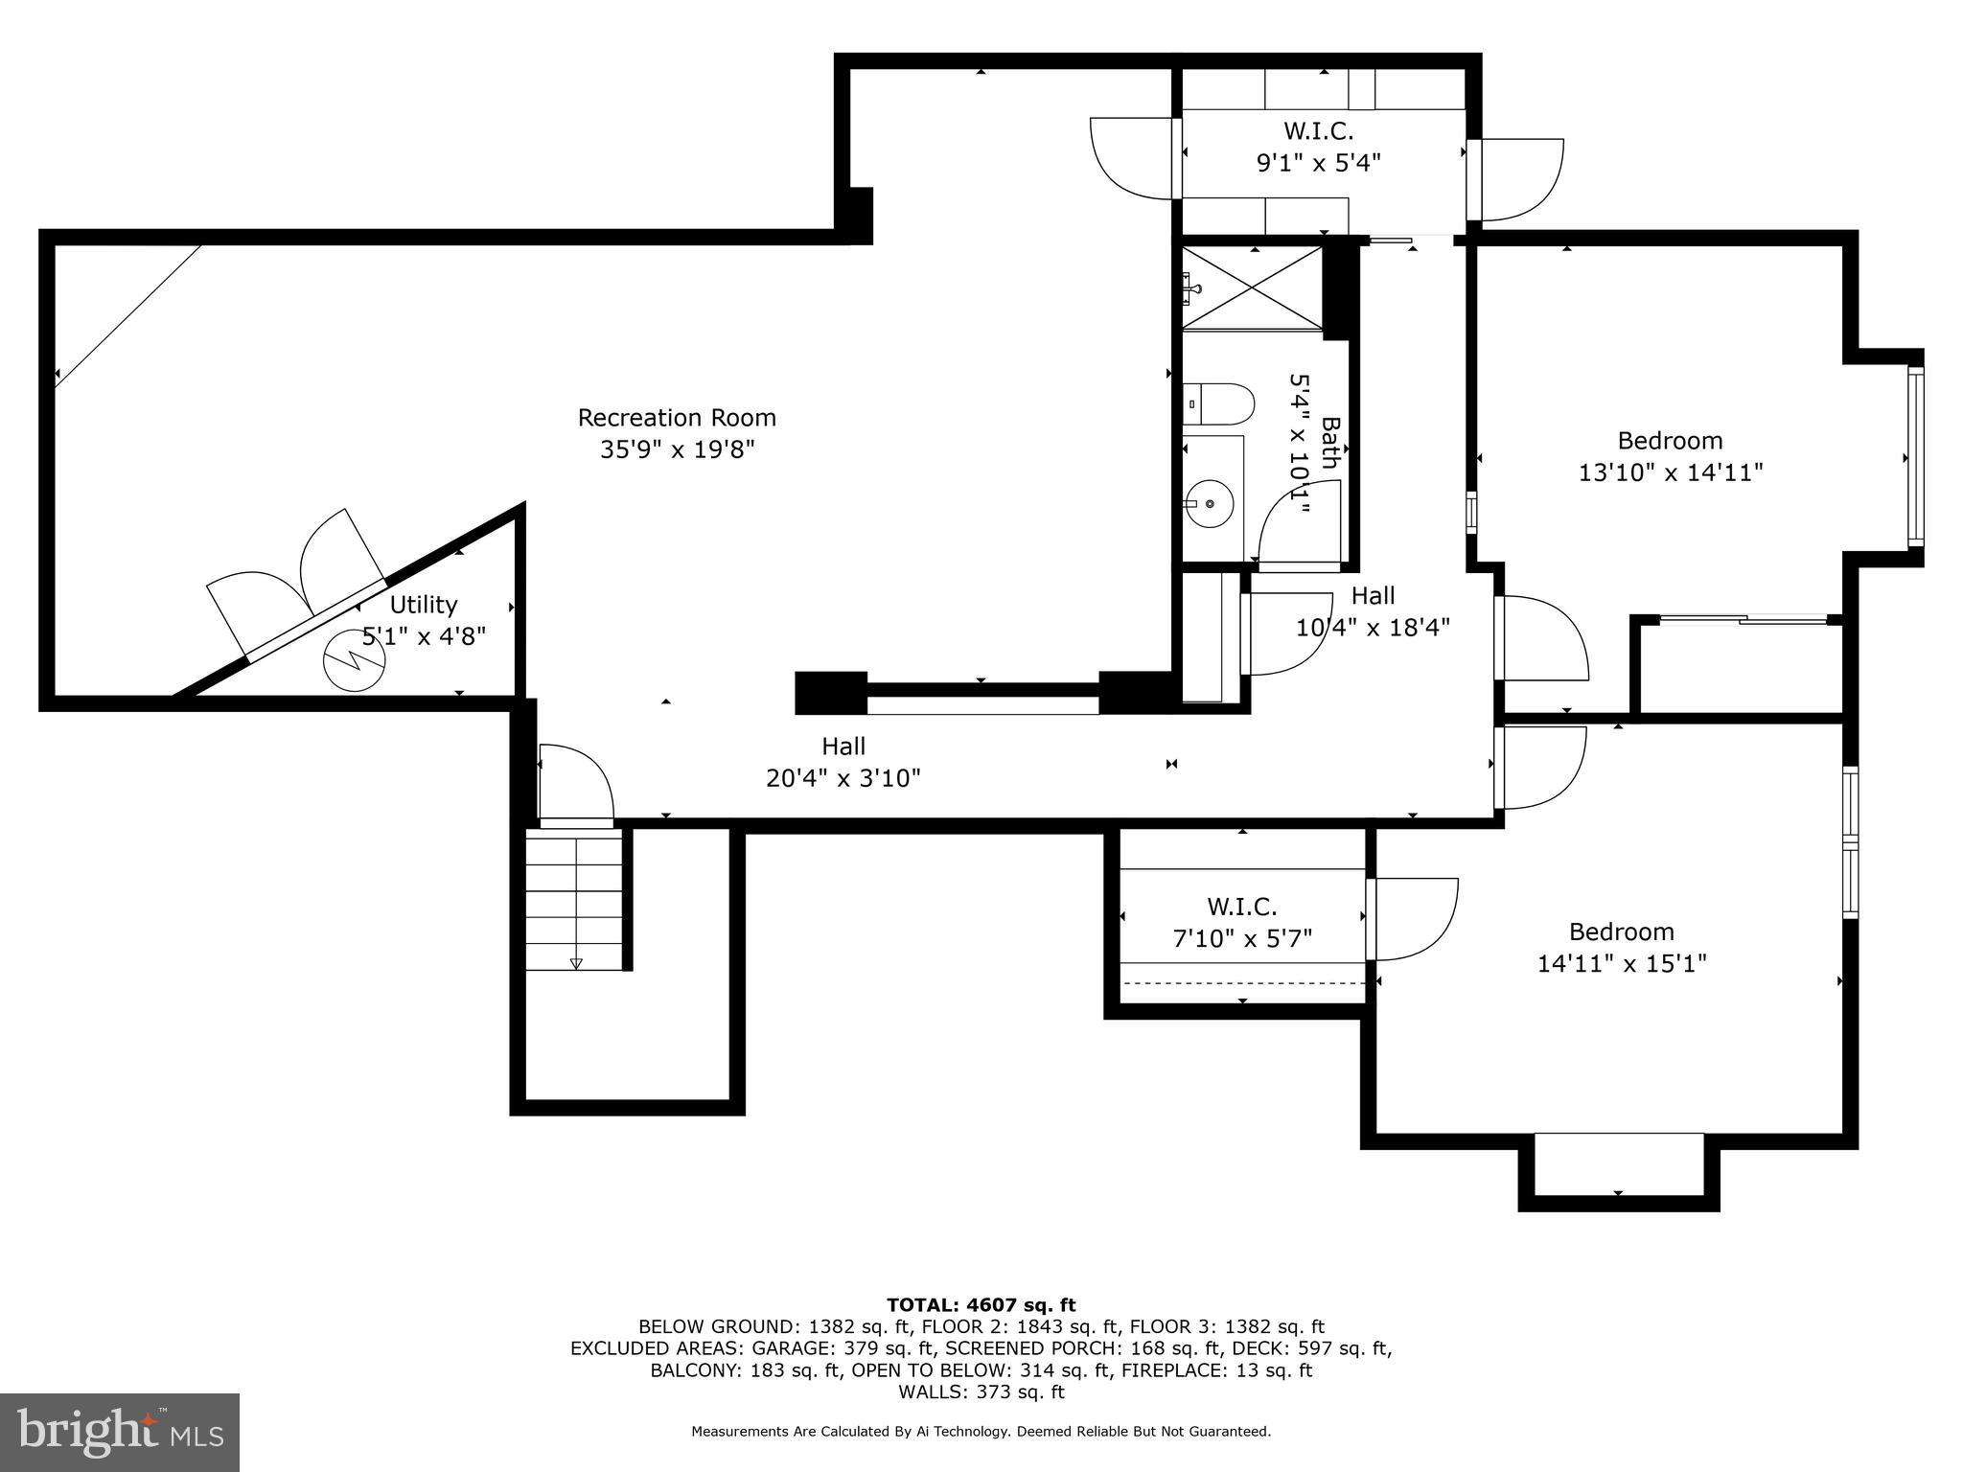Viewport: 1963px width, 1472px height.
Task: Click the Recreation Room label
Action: click(x=677, y=418)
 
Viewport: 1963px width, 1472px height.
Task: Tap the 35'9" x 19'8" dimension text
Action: click(x=677, y=449)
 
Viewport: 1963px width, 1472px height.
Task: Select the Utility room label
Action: click(x=423, y=605)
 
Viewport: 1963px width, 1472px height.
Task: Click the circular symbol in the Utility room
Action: click(x=354, y=660)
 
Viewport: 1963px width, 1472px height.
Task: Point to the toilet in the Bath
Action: click(x=1217, y=404)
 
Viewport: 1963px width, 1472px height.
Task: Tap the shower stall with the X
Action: click(x=1252, y=287)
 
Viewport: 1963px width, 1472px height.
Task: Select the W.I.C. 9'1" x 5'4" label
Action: click(x=1318, y=147)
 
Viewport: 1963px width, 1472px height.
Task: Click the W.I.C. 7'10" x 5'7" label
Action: click(x=1242, y=922)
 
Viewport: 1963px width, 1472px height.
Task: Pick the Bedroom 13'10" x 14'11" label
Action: click(x=1670, y=456)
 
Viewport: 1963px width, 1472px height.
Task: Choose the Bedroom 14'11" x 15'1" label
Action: click(x=1622, y=947)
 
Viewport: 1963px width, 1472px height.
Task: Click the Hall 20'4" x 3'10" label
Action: click(x=843, y=761)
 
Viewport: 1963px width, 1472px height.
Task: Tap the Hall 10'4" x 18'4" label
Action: click(x=1373, y=611)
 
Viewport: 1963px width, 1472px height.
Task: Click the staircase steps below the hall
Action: click(x=574, y=901)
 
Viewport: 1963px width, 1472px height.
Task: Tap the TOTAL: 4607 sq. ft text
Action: click(x=981, y=1304)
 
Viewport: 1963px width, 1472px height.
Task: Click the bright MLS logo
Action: click(x=120, y=1432)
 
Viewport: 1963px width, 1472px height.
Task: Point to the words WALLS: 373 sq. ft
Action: click(x=981, y=1391)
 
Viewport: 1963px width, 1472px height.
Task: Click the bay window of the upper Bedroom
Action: click(x=1914, y=457)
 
